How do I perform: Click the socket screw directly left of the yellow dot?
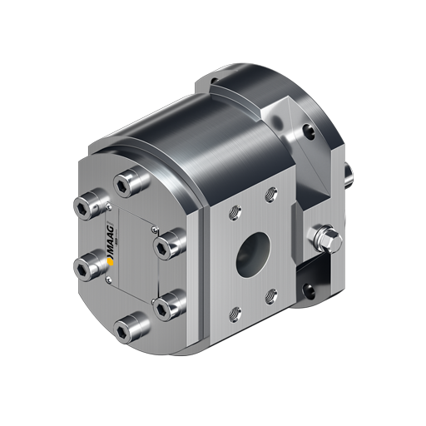point(83,266)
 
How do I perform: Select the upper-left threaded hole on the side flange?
point(232,208)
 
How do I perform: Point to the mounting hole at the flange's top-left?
point(214,83)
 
